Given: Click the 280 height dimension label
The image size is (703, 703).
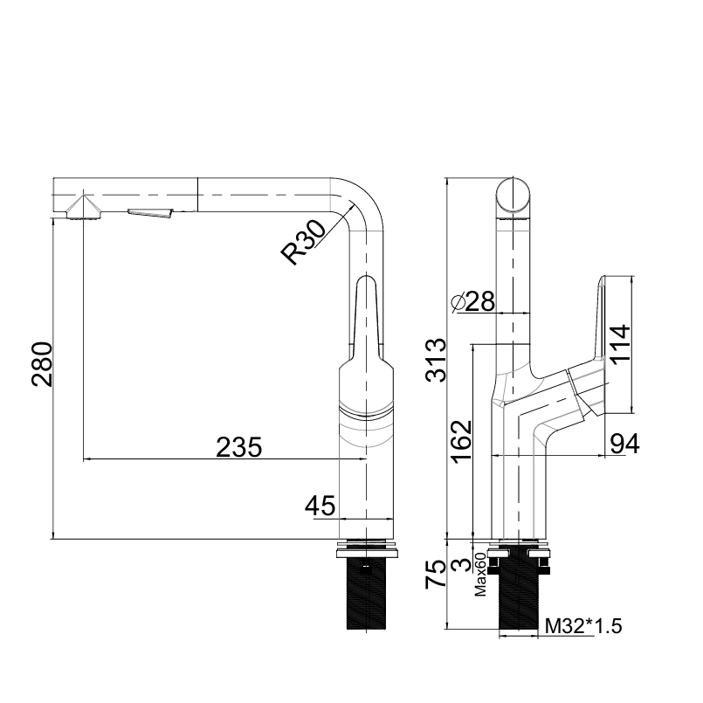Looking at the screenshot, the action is [42, 364].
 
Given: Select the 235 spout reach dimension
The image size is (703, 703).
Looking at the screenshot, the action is [238, 447].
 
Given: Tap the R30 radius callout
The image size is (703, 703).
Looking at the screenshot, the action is [303, 242].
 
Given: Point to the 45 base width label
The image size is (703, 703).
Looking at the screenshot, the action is [320, 506].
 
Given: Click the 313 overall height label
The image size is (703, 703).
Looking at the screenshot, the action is [436, 360].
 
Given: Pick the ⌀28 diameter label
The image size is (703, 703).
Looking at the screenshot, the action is [472, 301].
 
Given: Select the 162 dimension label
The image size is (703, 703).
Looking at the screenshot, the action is [461, 442].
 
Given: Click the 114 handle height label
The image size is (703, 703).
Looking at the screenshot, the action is [620, 344].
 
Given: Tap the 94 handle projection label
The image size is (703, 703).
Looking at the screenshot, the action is [624, 444].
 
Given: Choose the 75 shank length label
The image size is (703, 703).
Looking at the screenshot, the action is [436, 574].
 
